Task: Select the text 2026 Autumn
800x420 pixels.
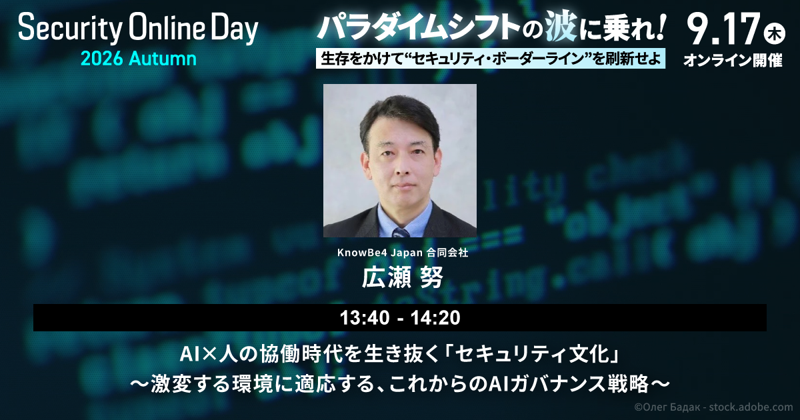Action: [139, 59]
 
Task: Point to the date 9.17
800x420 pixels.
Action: [723, 29]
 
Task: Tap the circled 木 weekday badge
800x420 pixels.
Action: [774, 33]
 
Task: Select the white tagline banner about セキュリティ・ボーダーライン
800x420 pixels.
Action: [491, 58]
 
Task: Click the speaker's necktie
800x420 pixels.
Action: [401, 233]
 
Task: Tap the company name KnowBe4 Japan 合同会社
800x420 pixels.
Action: [403, 253]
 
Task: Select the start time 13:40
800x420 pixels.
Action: [365, 318]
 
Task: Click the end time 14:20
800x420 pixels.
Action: [435, 318]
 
